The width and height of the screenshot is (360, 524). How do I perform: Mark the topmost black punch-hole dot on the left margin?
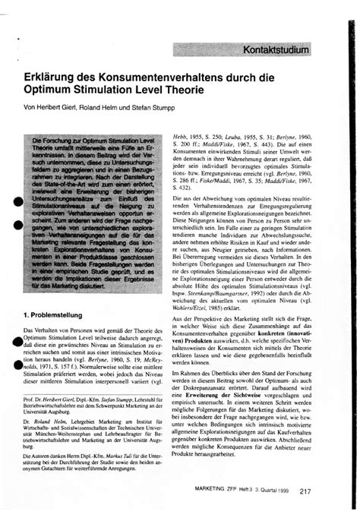click(14, 198)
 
